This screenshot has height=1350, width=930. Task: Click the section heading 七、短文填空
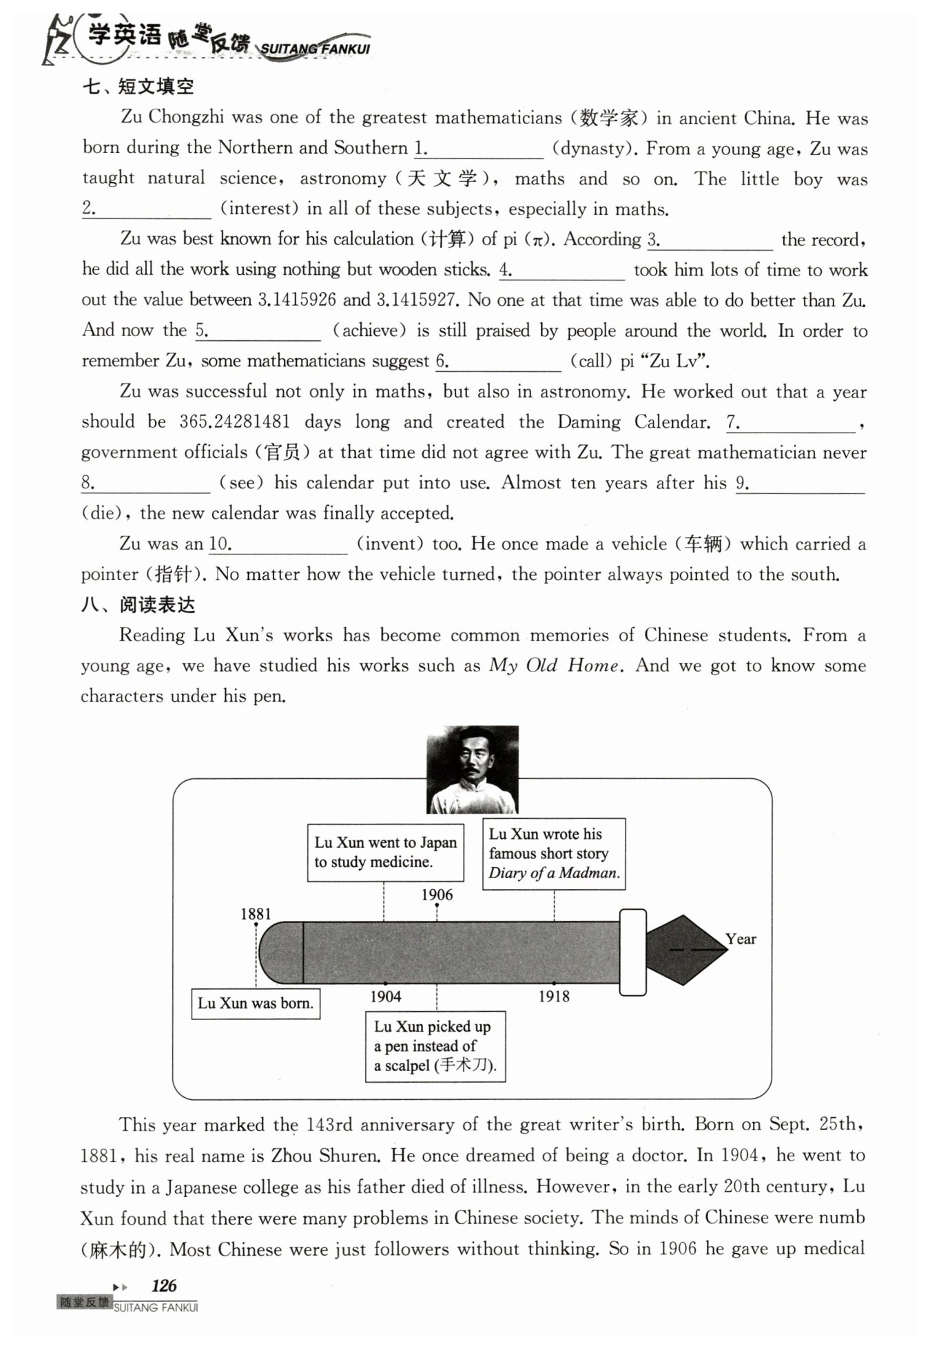[138, 87]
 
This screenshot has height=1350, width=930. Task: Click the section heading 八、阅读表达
[138, 605]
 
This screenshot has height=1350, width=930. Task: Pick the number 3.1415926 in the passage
[297, 300]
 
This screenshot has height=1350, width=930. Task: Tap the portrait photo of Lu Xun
[472, 769]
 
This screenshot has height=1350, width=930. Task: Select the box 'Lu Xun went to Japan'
[385, 853]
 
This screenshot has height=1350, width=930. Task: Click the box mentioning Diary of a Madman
[554, 853]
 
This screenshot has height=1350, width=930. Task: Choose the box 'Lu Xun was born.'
[255, 1004]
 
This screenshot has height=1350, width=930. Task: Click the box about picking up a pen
[435, 1046]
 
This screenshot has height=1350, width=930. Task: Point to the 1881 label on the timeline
[256, 914]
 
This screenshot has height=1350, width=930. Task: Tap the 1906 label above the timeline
[437, 895]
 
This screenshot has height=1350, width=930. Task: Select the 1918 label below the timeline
[554, 996]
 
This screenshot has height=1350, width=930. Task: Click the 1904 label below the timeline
[385, 996]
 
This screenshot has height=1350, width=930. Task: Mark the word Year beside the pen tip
[741, 939]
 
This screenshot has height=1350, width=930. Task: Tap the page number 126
[164, 1285]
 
